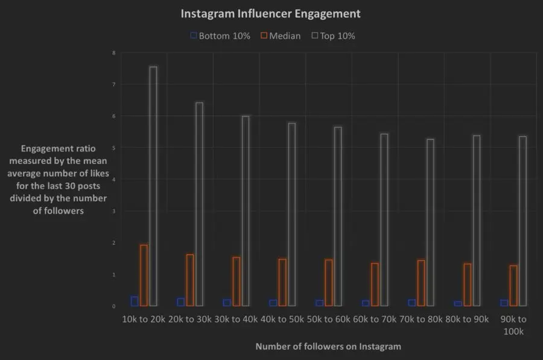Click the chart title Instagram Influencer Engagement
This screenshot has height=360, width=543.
[271, 13]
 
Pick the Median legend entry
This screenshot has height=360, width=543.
[280, 36]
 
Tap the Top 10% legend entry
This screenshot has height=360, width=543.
[333, 36]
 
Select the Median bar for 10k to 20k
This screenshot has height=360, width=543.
[144, 275]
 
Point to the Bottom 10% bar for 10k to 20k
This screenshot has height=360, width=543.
[135, 302]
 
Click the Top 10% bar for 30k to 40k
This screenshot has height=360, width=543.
[246, 210]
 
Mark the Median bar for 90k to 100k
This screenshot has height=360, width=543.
[513, 285]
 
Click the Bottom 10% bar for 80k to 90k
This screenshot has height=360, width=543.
[458, 303]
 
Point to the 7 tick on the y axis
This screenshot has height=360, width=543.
[114, 84]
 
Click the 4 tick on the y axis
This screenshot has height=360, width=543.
[114, 180]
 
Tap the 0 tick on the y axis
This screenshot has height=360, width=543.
[114, 306]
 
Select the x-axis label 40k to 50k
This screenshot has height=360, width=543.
[282, 319]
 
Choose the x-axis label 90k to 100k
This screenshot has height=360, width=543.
[513, 325]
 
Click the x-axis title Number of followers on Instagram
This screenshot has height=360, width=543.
[328, 347]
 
